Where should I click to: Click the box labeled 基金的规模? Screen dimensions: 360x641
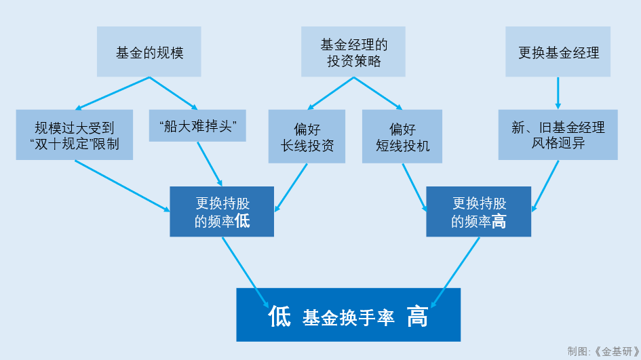coord(149,52)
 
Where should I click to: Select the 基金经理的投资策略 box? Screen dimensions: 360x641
coord(353,52)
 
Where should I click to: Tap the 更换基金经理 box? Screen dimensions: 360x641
coord(558,52)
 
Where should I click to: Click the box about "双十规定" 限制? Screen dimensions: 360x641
coord(75,135)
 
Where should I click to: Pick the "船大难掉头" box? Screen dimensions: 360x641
coord(197,126)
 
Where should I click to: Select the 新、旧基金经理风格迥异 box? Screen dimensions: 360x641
coord(558,135)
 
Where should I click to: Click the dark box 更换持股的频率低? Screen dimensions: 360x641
coord(222,212)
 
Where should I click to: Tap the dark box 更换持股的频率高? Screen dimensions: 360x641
coord(478,212)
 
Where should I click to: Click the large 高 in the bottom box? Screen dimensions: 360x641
coord(417,316)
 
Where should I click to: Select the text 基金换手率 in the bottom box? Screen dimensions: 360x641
coord(348,317)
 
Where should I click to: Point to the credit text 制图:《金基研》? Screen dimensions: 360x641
coord(603,351)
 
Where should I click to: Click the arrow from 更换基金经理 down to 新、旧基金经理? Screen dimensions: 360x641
coord(558,94)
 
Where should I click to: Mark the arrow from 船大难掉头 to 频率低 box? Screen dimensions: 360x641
coord(210,163)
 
